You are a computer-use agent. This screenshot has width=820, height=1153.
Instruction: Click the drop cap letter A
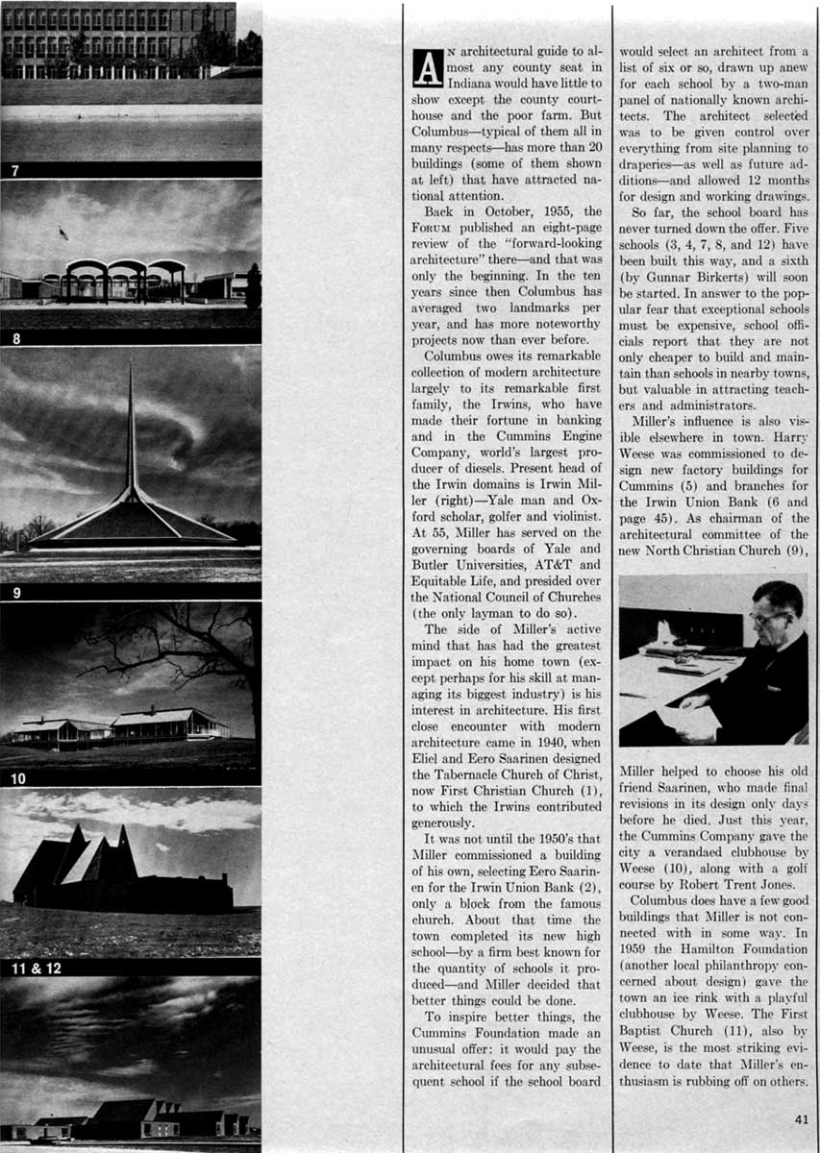click(x=425, y=66)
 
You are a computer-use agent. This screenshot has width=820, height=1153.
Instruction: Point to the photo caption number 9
click(x=15, y=592)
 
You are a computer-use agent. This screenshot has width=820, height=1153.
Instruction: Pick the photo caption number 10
click(x=19, y=778)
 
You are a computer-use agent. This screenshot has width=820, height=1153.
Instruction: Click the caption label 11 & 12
click(x=35, y=968)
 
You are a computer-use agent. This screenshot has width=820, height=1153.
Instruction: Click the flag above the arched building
click(x=62, y=233)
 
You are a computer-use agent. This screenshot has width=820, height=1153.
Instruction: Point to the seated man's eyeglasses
click(x=764, y=617)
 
